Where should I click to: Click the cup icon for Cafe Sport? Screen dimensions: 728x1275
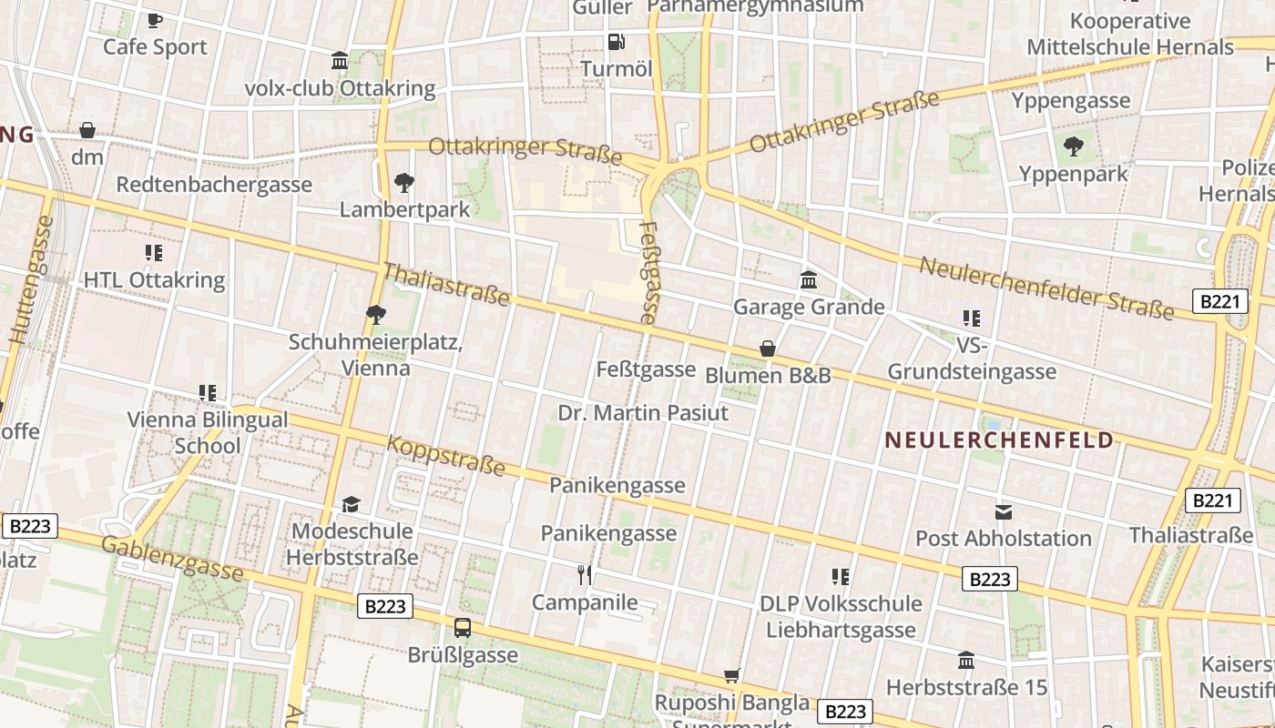click(155, 20)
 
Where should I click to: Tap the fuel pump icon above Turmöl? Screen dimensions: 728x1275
click(616, 41)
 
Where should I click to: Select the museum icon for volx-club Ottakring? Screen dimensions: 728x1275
click(340, 61)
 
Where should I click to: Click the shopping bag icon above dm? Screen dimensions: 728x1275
click(87, 130)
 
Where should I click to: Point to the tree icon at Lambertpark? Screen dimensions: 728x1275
click(403, 183)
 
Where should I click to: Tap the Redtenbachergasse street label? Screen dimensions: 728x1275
click(214, 185)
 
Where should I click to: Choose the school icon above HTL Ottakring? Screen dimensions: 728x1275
click(154, 253)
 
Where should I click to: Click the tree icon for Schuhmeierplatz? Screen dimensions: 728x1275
click(375, 315)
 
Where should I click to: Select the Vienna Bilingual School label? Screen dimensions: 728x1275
click(208, 432)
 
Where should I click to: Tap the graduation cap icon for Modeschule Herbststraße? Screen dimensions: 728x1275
click(352, 504)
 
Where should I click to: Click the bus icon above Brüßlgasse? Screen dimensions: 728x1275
click(463, 627)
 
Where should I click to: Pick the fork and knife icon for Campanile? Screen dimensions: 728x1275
click(585, 574)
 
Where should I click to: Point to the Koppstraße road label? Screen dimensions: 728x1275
click(445, 456)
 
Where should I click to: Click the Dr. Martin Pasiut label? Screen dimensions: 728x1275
click(643, 413)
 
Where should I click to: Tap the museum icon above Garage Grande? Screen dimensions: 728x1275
click(809, 279)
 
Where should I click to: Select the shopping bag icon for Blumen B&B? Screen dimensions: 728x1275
click(768, 349)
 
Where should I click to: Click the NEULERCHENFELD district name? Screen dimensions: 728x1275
click(999, 440)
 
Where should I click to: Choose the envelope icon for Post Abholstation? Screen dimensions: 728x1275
click(1003, 511)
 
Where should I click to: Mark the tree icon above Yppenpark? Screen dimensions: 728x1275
click(1074, 146)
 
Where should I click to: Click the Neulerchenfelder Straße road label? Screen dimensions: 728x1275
click(1046, 289)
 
